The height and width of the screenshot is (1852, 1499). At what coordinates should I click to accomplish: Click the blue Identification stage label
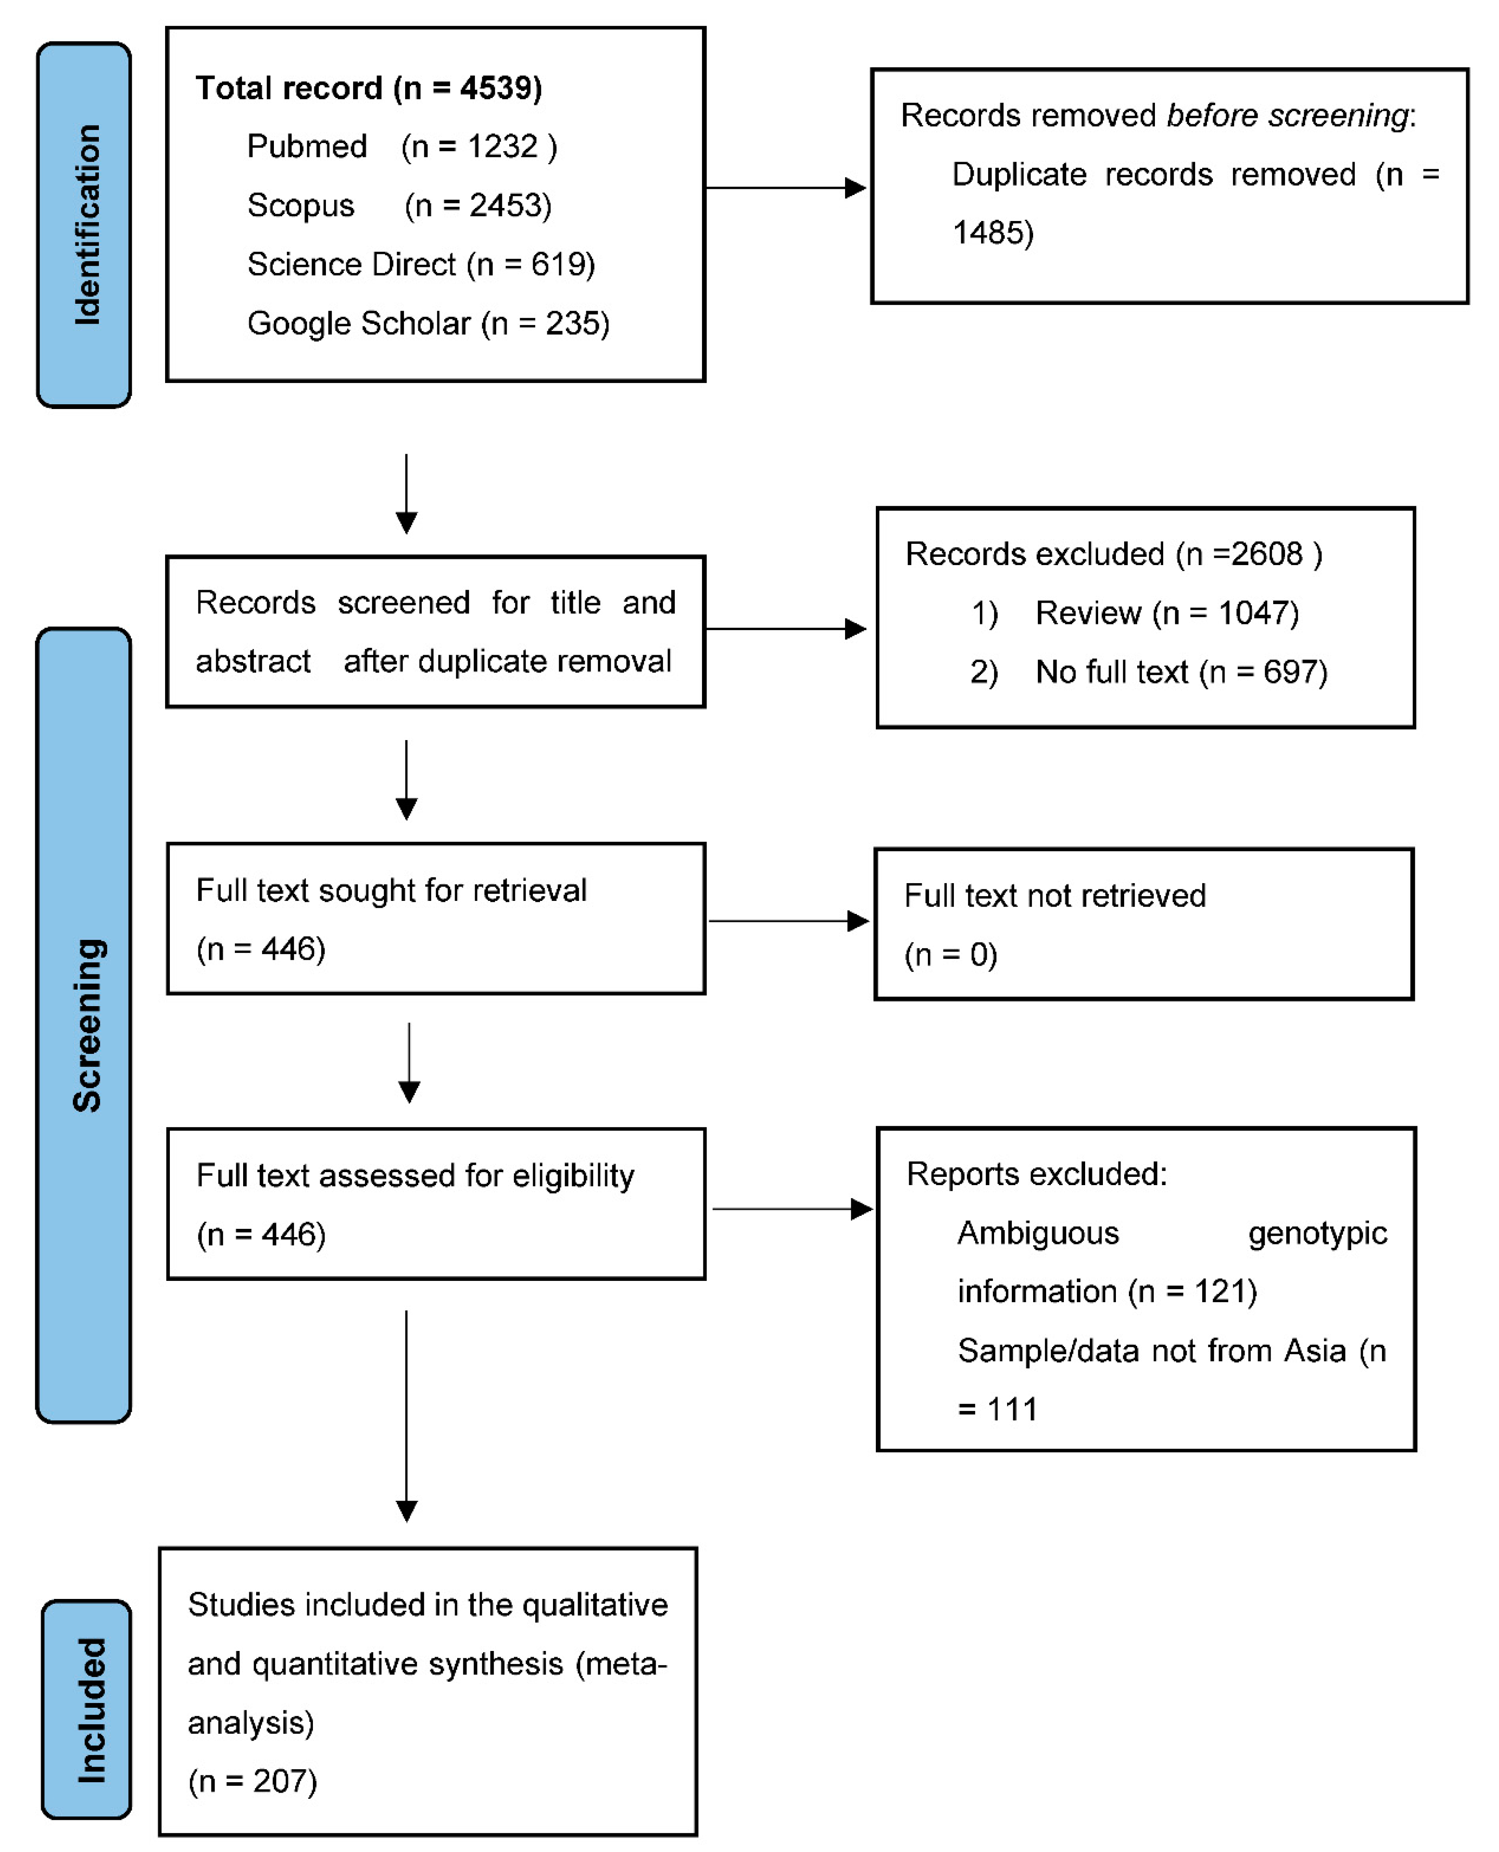[84, 224]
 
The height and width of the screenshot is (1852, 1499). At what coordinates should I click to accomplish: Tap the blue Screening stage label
[84, 1025]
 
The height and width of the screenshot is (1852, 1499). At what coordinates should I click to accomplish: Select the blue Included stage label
[86, 1709]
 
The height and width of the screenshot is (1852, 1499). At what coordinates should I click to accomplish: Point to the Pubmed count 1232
[504, 147]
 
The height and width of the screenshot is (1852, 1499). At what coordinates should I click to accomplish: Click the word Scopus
[300, 205]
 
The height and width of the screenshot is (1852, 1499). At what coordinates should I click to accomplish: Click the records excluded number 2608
[1266, 553]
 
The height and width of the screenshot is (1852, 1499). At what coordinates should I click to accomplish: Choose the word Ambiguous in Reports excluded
[1038, 1233]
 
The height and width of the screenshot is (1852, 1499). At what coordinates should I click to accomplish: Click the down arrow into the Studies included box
[406, 1416]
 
